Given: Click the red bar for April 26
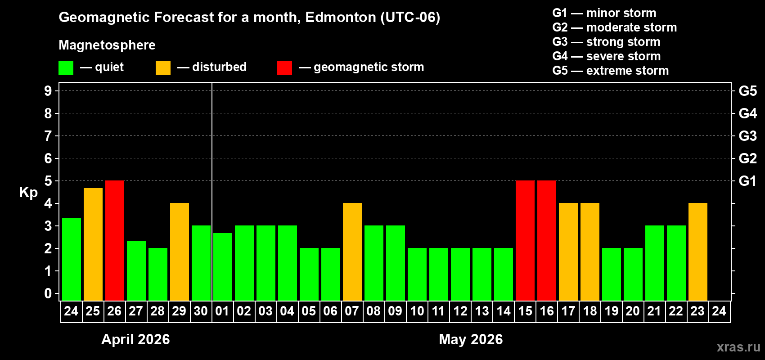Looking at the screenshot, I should [x=115, y=240].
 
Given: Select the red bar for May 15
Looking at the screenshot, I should [x=525, y=240].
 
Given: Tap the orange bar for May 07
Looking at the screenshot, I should [x=352, y=252].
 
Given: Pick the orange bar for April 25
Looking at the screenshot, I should [x=93, y=244].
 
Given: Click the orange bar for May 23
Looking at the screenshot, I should [x=698, y=252].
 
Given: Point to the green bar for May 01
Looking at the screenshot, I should [x=223, y=266].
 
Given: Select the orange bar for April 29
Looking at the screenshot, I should [x=180, y=252].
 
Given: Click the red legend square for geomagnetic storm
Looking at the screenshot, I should [x=284, y=68].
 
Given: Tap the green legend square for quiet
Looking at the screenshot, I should [x=66, y=68].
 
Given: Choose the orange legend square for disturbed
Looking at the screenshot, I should [x=163, y=68].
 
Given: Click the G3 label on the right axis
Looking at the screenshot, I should [x=747, y=136].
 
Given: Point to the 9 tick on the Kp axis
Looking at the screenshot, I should [x=48, y=91].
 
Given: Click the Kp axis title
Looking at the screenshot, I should [x=28, y=193].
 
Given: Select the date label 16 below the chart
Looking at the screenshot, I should [x=547, y=311].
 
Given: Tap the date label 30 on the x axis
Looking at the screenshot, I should [x=201, y=311].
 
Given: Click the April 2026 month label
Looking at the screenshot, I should [x=135, y=339].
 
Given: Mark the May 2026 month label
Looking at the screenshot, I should [x=471, y=339].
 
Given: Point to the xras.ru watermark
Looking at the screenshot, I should [x=738, y=347].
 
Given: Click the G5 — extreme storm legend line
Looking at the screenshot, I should [x=610, y=71].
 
